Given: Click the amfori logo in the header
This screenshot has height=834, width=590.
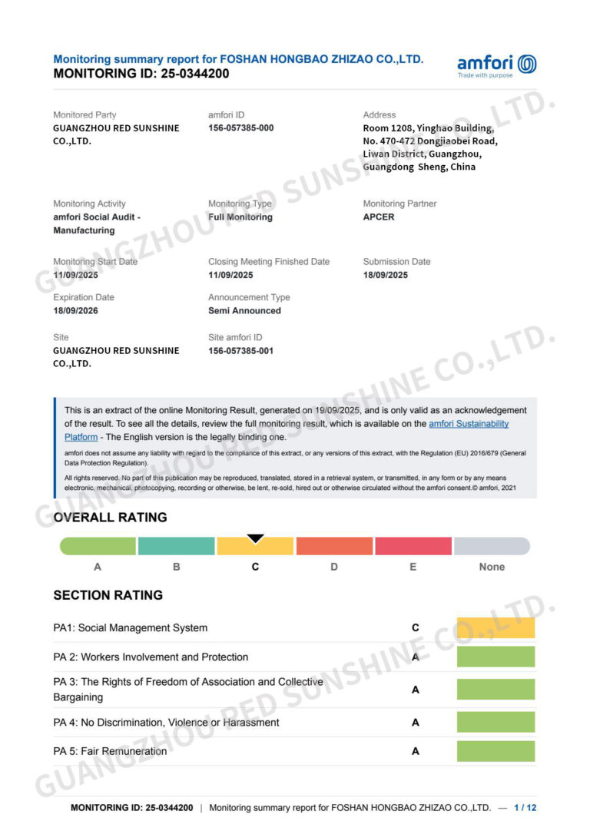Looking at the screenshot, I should pos(496,65).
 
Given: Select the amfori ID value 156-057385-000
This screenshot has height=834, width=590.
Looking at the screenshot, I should pos(240,128).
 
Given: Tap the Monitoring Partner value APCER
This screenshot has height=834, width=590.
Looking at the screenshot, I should pos(379,217).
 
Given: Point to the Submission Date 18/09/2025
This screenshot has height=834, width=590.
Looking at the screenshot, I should pos(386,275).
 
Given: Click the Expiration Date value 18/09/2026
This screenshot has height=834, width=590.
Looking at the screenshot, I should pos(75,311).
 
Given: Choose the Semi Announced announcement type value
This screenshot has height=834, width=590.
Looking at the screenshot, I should pos(244,311).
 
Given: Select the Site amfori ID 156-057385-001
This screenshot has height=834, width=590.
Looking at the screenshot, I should pos(240,351).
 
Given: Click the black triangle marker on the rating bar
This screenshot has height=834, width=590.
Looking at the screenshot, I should pos(256,538).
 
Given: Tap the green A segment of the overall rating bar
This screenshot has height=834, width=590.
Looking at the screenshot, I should pos(98,546).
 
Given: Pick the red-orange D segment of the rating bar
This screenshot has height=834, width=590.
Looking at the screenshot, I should pos(334,546).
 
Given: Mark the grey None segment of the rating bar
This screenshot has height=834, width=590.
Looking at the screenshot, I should pos(492,546).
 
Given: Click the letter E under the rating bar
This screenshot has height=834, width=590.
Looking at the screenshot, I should pos(413,567).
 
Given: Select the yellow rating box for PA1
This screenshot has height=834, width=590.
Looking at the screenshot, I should pos(496,627).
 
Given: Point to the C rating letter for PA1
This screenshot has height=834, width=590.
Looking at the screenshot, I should pos(416,627).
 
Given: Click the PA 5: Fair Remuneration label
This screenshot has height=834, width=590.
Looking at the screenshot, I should pos(110,751).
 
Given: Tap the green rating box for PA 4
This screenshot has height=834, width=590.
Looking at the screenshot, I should pos(496,722).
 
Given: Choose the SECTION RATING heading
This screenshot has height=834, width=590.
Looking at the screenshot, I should pos(108,595).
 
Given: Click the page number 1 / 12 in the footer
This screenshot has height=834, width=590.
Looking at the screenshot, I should pos(525,808).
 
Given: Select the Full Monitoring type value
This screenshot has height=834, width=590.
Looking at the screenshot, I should pos(240,217).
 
